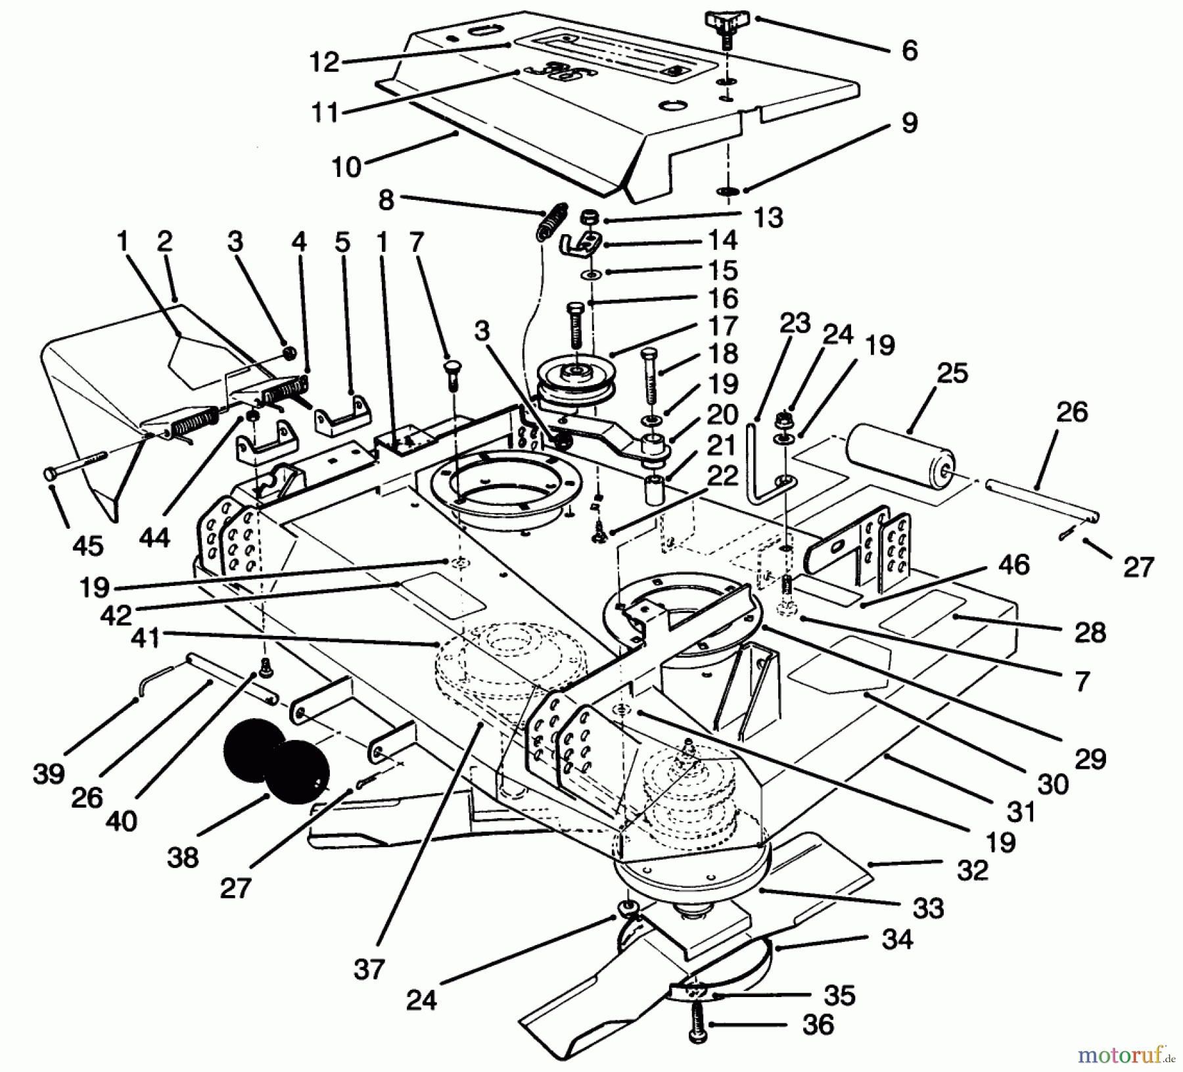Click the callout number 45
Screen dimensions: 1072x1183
(88, 545)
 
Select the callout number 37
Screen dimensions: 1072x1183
(368, 969)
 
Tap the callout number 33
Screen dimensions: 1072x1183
(927, 908)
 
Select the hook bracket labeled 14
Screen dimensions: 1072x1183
(578, 245)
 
